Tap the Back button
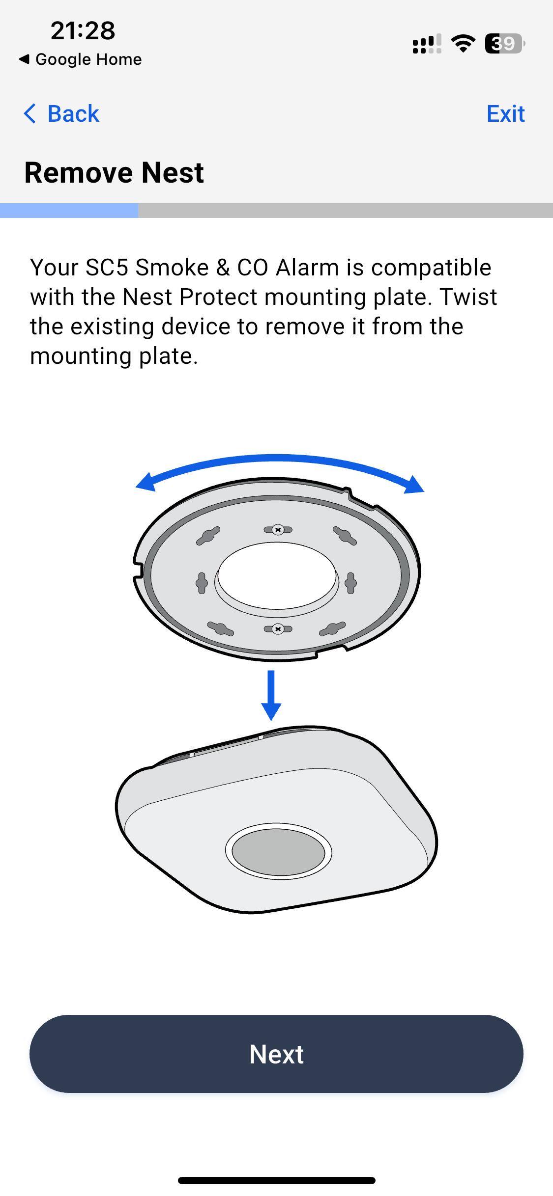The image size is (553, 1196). pyautogui.click(x=61, y=113)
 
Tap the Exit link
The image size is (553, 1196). pyautogui.click(x=505, y=113)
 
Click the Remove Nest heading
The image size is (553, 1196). pyautogui.click(x=114, y=172)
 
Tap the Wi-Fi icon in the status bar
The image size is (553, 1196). pyautogui.click(x=463, y=44)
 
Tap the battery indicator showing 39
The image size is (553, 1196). pyautogui.click(x=504, y=44)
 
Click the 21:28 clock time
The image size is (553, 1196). pyautogui.click(x=83, y=30)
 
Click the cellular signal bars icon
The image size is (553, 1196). pyautogui.click(x=427, y=44)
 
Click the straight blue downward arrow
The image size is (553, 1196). pyautogui.click(x=271, y=695)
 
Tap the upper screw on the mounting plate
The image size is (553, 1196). pyautogui.click(x=278, y=530)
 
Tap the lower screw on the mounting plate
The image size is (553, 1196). pyautogui.click(x=278, y=629)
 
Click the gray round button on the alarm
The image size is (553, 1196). pyautogui.click(x=278, y=852)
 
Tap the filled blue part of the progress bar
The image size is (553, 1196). pyautogui.click(x=69, y=211)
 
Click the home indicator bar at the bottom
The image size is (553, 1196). pyautogui.click(x=277, y=1180)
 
